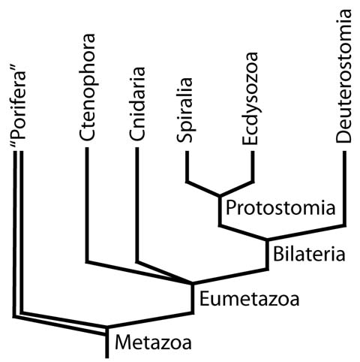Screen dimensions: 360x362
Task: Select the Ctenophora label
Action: [87, 86]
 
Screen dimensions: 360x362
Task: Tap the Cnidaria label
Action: [137, 103]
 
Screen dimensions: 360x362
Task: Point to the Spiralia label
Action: [185, 110]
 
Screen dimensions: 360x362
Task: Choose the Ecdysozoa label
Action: [250, 98]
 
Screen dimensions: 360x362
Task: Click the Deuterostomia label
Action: [343, 76]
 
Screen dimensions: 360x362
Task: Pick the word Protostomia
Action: [280, 207]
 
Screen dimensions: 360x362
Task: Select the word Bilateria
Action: [309, 254]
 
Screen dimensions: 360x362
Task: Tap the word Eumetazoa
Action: [249, 299]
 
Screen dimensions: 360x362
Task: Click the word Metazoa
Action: [153, 342]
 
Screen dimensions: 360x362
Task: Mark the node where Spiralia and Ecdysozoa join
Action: [220, 195]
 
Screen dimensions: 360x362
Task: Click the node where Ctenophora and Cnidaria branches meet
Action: [192, 284]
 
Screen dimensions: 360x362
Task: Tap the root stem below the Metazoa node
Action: [107, 343]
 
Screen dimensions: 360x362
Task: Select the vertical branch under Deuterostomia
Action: [344, 189]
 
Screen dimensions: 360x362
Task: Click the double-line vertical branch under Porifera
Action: [18, 233]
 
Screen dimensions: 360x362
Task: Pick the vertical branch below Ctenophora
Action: [87, 205]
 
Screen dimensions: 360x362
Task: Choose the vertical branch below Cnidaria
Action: [137, 205]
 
